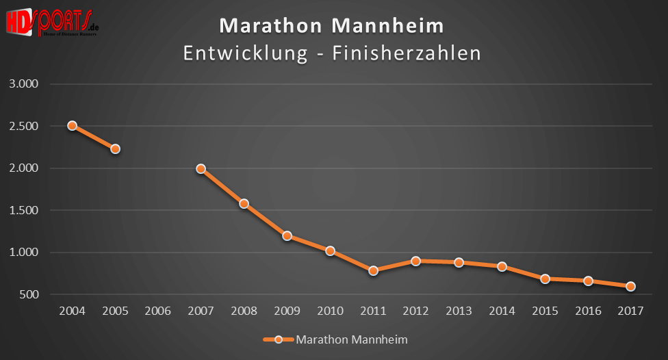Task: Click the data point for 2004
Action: [x=72, y=126]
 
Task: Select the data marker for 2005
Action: [x=115, y=149]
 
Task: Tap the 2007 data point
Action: [x=201, y=168]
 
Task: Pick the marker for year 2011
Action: [x=373, y=271]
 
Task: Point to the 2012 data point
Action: [x=415, y=261]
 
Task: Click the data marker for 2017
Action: [x=630, y=286]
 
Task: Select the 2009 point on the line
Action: [x=287, y=236]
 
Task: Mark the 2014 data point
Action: [x=502, y=267]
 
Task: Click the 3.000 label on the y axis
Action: [x=25, y=84]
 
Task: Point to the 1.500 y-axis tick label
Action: [x=25, y=211]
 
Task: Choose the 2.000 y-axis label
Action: [x=25, y=168]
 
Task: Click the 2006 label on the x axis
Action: [x=158, y=311]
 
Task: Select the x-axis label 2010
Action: [x=330, y=311]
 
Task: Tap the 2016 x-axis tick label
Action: [x=587, y=311]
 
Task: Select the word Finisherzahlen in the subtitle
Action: [x=407, y=53]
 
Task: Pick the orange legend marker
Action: [x=278, y=339]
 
